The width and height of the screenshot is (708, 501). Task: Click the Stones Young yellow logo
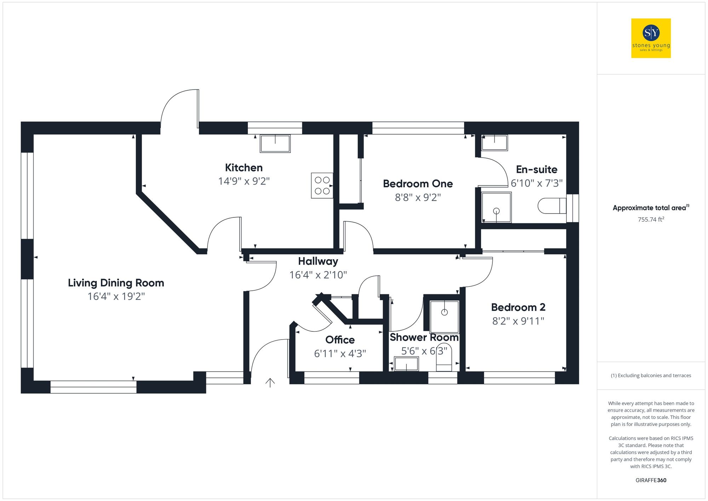click(x=651, y=38)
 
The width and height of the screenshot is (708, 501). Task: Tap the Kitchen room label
click(x=244, y=167)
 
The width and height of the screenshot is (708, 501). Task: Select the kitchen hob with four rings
click(x=322, y=185)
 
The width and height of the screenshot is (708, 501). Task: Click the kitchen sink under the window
click(x=275, y=143)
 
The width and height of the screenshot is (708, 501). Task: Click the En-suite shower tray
click(x=496, y=207)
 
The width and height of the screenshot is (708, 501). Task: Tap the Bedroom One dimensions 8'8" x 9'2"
click(x=418, y=197)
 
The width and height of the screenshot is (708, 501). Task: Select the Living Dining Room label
click(x=116, y=283)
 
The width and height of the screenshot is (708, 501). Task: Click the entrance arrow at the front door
click(x=270, y=382)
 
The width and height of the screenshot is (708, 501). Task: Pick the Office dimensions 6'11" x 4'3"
click(x=340, y=353)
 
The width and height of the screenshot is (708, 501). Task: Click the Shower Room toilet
click(x=444, y=358)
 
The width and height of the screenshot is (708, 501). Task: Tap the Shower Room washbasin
click(x=406, y=364)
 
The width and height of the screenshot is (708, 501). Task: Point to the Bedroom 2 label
click(x=518, y=307)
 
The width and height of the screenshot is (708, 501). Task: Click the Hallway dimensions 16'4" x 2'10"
click(x=318, y=275)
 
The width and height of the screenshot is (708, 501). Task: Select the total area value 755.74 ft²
click(x=651, y=220)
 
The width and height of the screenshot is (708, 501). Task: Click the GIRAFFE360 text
click(x=651, y=480)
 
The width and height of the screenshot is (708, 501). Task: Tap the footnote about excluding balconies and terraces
click(x=651, y=375)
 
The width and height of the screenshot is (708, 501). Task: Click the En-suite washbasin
click(x=495, y=142)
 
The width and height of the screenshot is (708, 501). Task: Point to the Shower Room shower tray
click(x=444, y=317)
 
